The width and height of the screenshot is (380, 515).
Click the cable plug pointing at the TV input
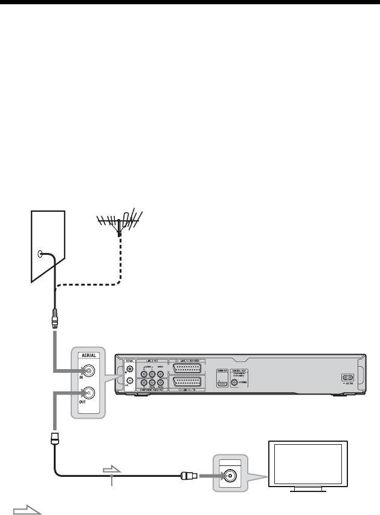pyautogui.click(x=185, y=476)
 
